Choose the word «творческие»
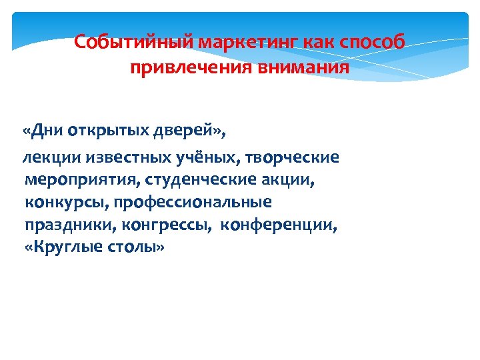coord(293,158)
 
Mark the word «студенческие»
coord(188,180)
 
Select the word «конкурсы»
coord(59,202)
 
